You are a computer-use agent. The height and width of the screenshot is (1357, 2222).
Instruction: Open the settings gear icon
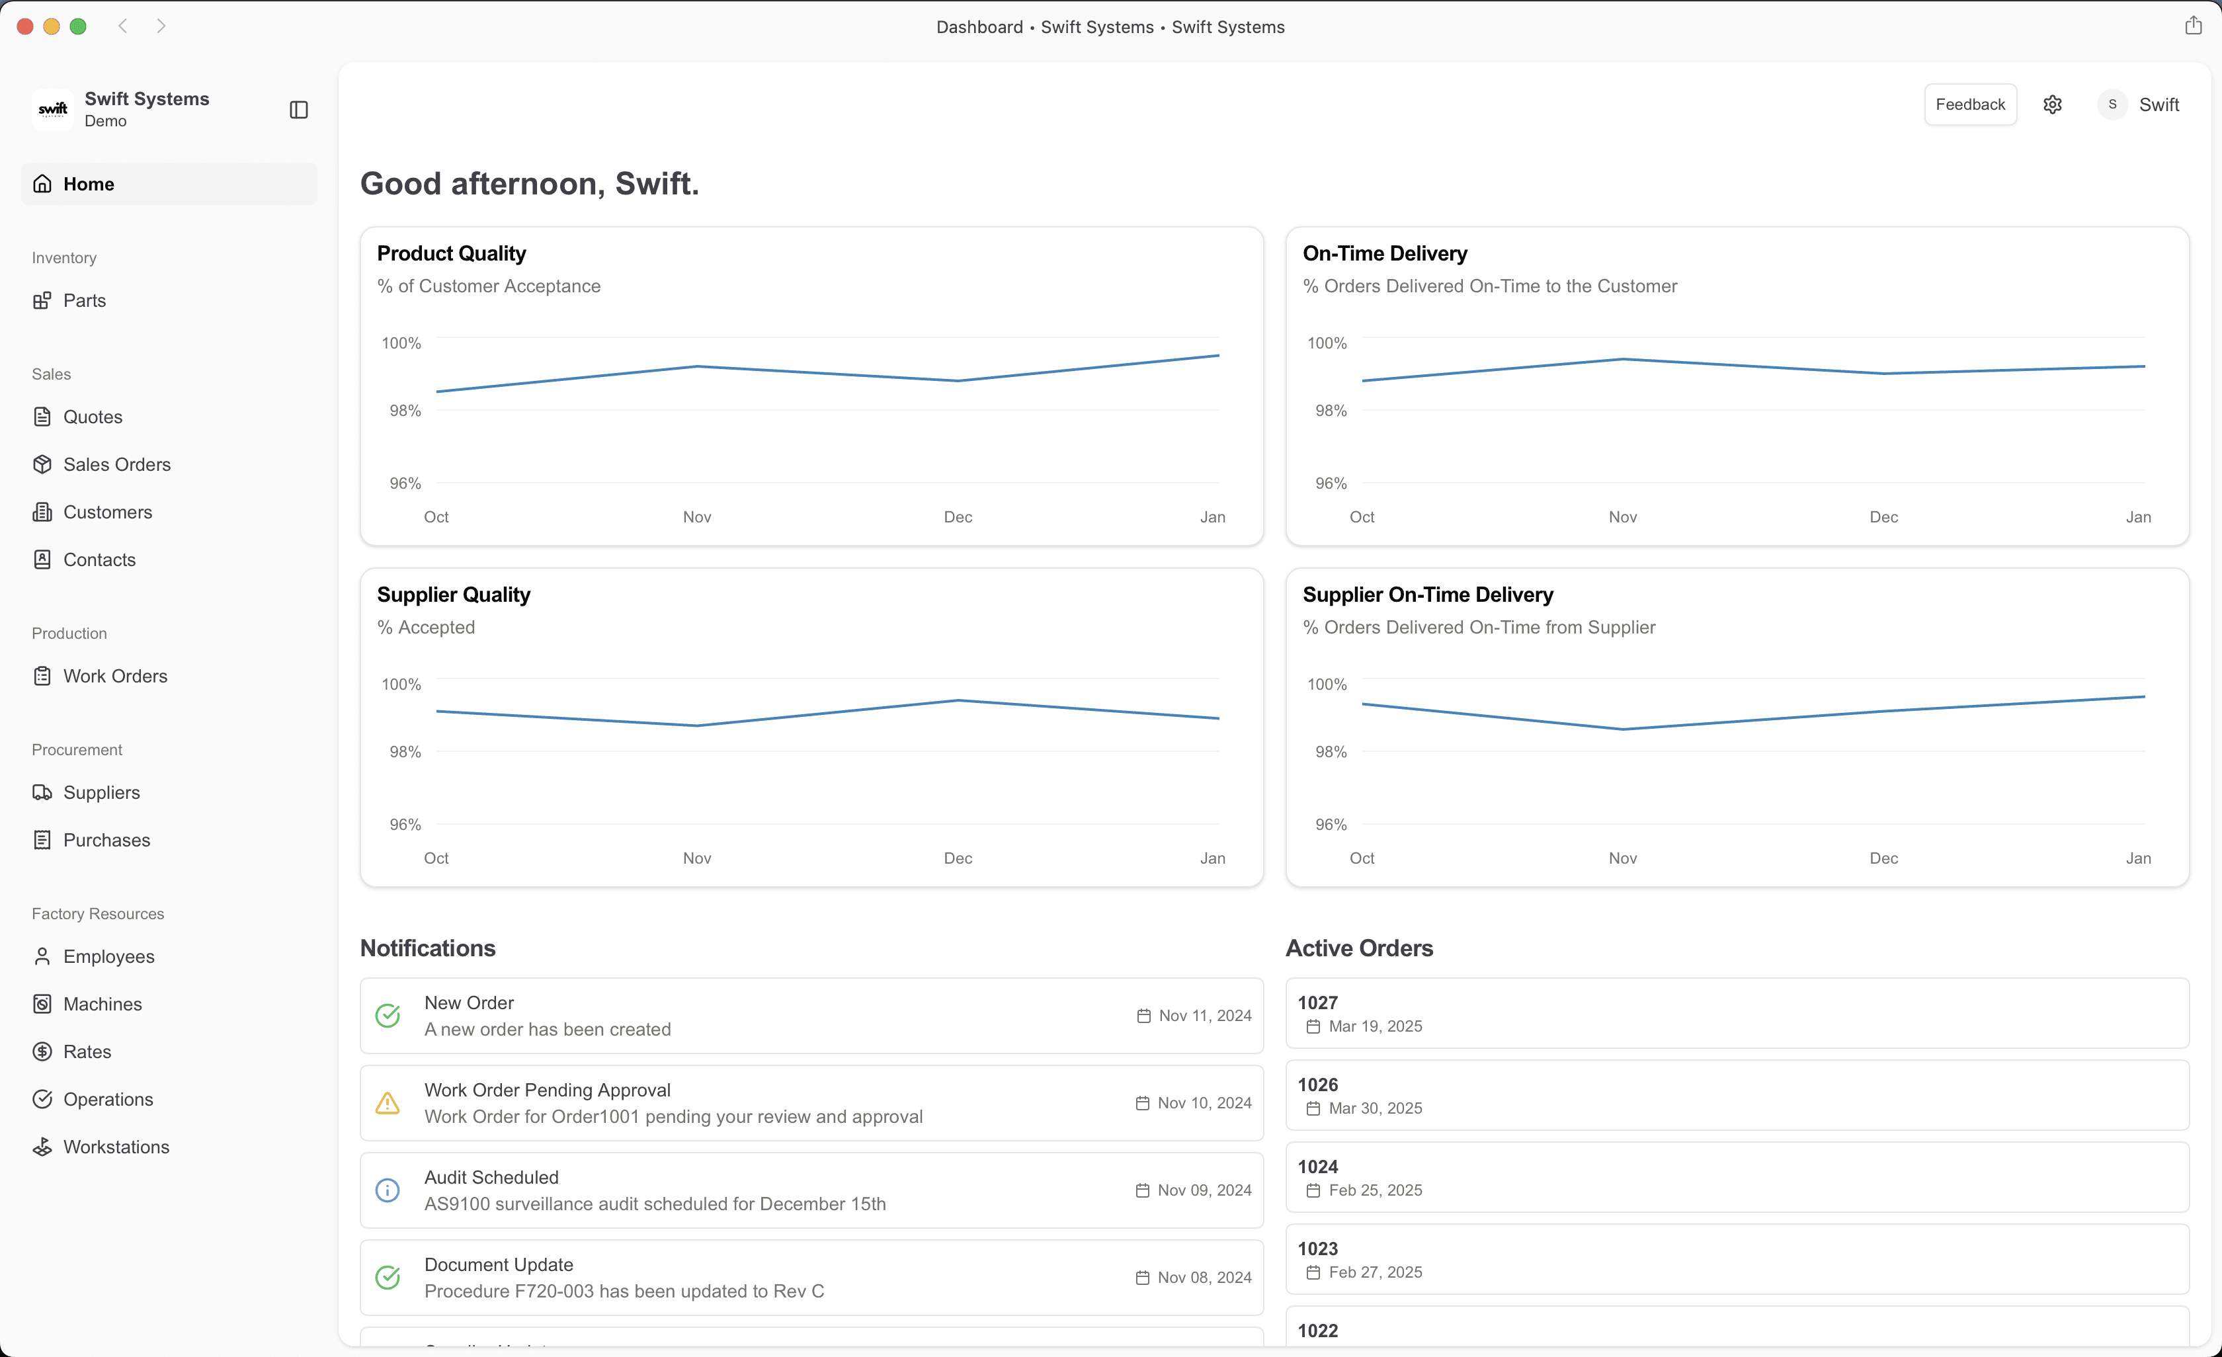click(x=2053, y=104)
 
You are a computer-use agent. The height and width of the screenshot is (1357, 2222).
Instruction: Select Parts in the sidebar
click(x=84, y=300)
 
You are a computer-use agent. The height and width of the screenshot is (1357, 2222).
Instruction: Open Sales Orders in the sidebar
click(x=116, y=464)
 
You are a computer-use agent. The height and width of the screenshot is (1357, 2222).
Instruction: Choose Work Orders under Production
click(x=114, y=677)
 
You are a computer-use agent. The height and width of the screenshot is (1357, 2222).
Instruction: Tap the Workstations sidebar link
click(x=116, y=1147)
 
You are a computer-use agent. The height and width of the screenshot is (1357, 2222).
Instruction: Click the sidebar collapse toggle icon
click(x=298, y=110)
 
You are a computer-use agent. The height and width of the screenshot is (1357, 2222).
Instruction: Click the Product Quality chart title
click(x=451, y=253)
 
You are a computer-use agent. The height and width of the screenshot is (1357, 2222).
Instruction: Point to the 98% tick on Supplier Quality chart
click(x=405, y=752)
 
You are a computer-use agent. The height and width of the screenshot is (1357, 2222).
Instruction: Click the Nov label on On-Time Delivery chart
click(x=1622, y=516)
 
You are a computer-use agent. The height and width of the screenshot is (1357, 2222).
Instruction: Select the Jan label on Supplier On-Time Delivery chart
click(x=2138, y=858)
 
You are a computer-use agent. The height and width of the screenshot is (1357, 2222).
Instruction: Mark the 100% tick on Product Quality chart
click(x=401, y=343)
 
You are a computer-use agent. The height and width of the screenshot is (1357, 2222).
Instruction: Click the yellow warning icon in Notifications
click(x=388, y=1103)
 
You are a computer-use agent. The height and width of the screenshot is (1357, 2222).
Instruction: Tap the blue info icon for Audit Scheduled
click(x=388, y=1190)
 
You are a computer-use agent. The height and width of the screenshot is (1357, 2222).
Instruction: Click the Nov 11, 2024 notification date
click(x=1205, y=1016)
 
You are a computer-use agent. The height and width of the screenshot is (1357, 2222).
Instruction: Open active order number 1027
click(x=1317, y=1003)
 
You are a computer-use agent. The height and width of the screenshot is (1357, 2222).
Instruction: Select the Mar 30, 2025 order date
click(x=1376, y=1108)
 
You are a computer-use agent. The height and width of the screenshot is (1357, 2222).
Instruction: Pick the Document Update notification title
click(x=499, y=1265)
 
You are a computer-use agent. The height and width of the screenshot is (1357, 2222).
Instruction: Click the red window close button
click(x=25, y=27)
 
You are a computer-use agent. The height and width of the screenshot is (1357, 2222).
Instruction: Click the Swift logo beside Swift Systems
click(x=52, y=109)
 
